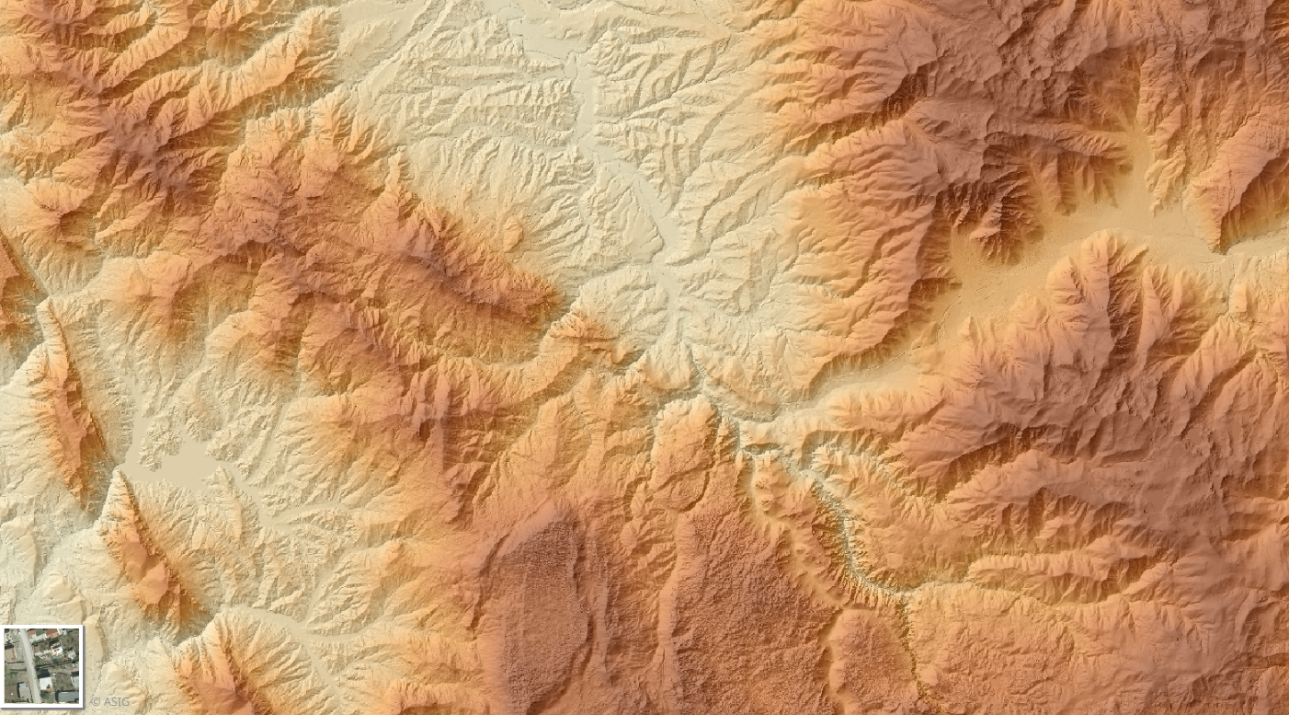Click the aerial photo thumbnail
[x=42, y=665]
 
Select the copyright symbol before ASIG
[x=96, y=702]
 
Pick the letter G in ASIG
[x=125, y=702]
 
